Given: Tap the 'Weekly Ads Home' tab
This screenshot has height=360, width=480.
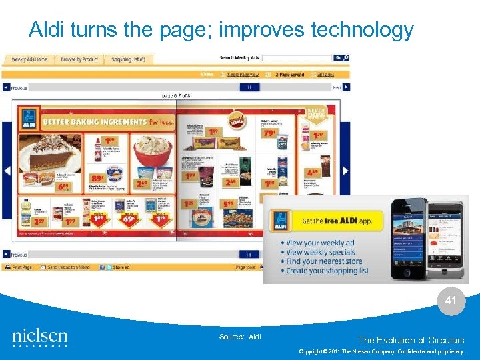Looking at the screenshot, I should (29, 59).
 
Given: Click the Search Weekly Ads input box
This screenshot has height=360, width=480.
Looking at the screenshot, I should (296, 58).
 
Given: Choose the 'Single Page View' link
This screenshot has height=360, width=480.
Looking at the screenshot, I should (243, 75).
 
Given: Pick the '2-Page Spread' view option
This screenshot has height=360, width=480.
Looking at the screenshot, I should (290, 75).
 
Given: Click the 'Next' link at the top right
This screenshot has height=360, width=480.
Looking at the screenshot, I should (337, 87).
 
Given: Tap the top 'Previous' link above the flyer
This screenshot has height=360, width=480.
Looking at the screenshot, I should (18, 87).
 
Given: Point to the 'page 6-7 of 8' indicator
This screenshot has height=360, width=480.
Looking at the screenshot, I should (177, 96).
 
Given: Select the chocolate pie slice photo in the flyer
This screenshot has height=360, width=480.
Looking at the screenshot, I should (50, 155).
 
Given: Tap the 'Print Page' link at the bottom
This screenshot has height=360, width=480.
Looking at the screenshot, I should (22, 267).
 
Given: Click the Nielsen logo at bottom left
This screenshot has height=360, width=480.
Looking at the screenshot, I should (39, 337).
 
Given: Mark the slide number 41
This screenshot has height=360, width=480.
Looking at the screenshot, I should (451, 301).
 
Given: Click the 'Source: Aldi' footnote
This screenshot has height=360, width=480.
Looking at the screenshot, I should (240, 337).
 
